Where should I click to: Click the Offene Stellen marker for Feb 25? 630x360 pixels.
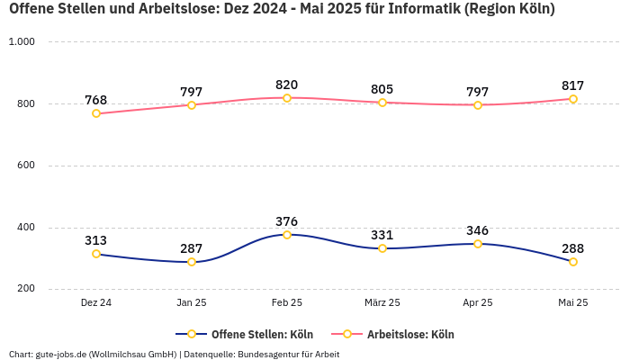pyautogui.click(x=287, y=235)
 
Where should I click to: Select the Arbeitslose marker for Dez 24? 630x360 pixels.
pyautogui.click(x=96, y=113)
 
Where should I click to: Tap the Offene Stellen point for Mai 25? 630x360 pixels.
pyautogui.click(x=573, y=262)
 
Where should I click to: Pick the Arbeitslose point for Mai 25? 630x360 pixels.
pyautogui.click(x=573, y=99)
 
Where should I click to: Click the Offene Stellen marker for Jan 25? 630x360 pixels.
pyautogui.click(x=192, y=262)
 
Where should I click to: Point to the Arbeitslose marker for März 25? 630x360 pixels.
pyautogui.click(x=382, y=103)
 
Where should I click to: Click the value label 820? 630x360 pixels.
pyautogui.click(x=287, y=85)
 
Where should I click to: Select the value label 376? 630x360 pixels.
pyautogui.click(x=287, y=221)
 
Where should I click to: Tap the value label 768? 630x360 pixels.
pyautogui.click(x=96, y=100)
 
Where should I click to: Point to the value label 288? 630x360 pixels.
pyautogui.click(x=573, y=248)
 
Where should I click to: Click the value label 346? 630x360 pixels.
pyautogui.click(x=478, y=230)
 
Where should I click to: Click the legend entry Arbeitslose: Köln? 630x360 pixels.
pyautogui.click(x=410, y=334)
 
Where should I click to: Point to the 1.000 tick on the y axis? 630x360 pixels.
pyautogui.click(x=22, y=42)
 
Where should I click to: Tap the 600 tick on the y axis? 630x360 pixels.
pyautogui.click(x=25, y=166)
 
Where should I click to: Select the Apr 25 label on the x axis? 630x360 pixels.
pyautogui.click(x=478, y=303)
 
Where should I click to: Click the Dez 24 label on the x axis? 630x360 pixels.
pyautogui.click(x=96, y=303)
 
